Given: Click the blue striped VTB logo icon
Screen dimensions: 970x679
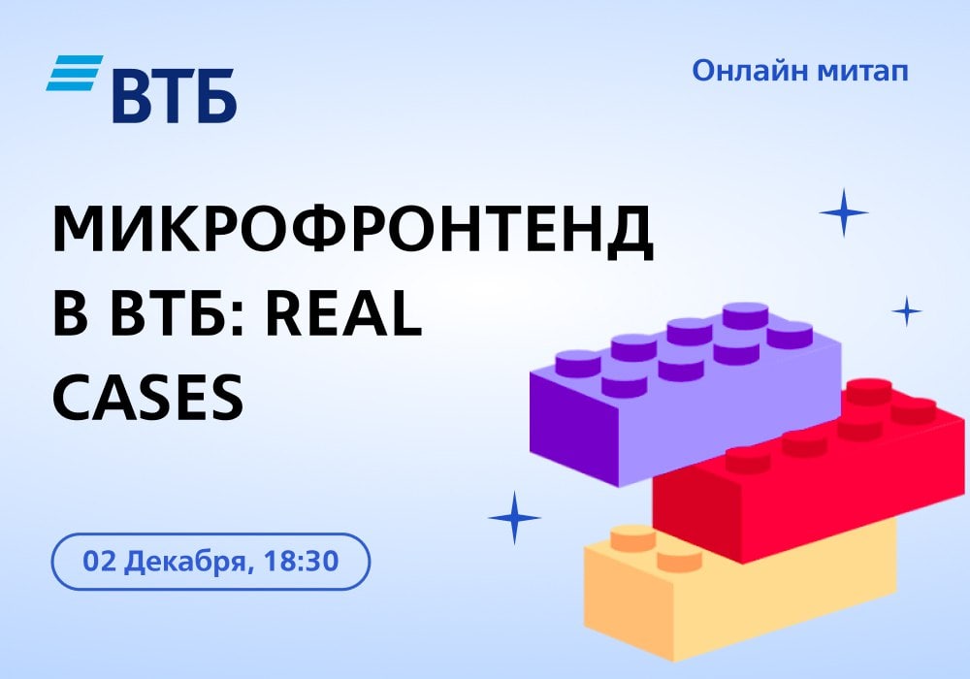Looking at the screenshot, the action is click(x=75, y=73).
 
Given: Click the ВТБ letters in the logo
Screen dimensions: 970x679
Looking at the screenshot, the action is click(x=174, y=96).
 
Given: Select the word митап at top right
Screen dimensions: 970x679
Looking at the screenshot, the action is click(x=863, y=72).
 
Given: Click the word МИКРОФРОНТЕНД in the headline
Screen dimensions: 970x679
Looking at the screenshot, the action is click(x=353, y=230).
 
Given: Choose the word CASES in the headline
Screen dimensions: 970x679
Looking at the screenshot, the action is click(x=148, y=397).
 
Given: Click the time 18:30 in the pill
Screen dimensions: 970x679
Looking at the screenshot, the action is click(x=302, y=561).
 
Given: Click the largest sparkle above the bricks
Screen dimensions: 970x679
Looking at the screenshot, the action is click(x=843, y=212).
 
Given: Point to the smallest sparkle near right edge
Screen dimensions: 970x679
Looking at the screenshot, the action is click(x=907, y=311).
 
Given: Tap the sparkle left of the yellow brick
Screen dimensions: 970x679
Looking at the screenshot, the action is click(x=514, y=518).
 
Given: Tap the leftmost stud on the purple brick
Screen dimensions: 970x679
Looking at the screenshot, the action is click(x=578, y=363).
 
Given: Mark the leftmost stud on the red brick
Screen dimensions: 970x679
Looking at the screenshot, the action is click(x=748, y=460).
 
